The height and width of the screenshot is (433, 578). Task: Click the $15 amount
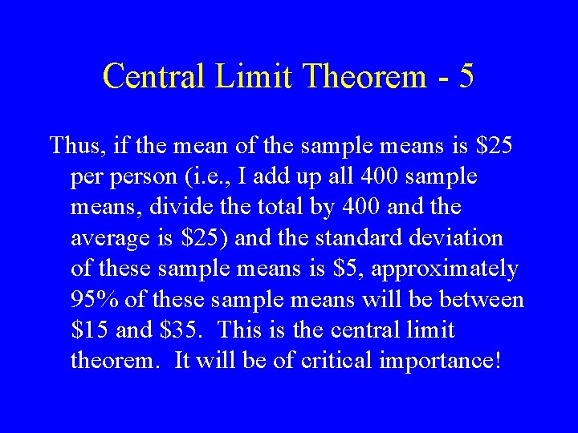(x=91, y=330)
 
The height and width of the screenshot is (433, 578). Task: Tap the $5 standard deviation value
(x=333, y=269)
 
